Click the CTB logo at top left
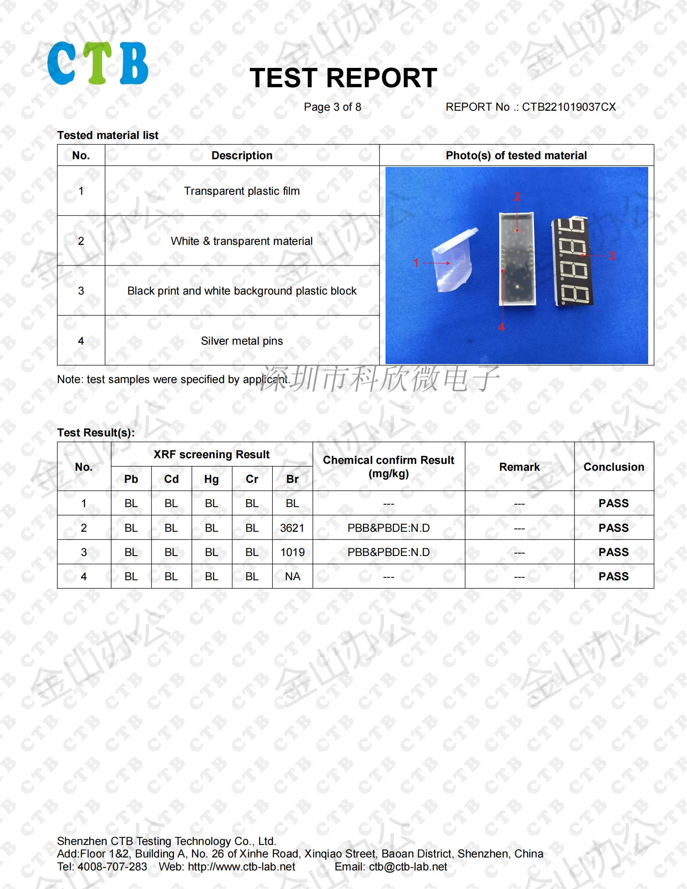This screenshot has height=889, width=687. pyautogui.click(x=98, y=63)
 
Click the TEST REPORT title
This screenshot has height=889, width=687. pyautogui.click(x=343, y=78)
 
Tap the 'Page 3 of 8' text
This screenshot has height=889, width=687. pyautogui.click(x=333, y=107)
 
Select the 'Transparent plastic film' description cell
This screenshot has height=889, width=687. pyautogui.click(x=242, y=191)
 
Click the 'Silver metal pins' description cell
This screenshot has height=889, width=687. pyautogui.click(x=242, y=341)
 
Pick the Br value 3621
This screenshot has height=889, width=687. pyautogui.click(x=292, y=528)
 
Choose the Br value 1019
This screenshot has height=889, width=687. pyautogui.click(x=292, y=552)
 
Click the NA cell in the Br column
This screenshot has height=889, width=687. pyautogui.click(x=292, y=576)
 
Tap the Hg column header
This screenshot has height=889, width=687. pyautogui.click(x=212, y=479)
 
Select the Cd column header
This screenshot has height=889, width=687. pyautogui.click(x=171, y=479)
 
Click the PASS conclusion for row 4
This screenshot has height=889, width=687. pyautogui.click(x=613, y=576)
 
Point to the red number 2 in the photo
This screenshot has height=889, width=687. pyautogui.click(x=517, y=197)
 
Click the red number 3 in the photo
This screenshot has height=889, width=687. pyautogui.click(x=612, y=256)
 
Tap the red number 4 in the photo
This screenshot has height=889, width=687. pyautogui.click(x=502, y=327)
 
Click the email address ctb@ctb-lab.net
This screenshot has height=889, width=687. pyautogui.click(x=408, y=867)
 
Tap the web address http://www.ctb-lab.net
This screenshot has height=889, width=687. pyautogui.click(x=241, y=867)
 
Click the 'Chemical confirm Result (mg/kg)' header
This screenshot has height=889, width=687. pyautogui.click(x=388, y=466)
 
